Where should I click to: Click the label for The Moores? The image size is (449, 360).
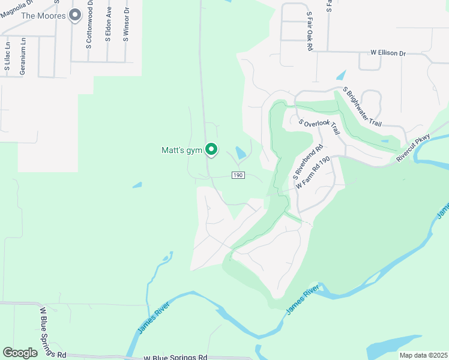pyautogui.click(x=43, y=15)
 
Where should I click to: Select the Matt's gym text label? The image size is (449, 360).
pyautogui.click(x=182, y=151)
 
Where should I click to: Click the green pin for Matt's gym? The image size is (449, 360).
pyautogui.click(x=211, y=149)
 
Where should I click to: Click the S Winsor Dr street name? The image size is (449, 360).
pyautogui.click(x=126, y=24)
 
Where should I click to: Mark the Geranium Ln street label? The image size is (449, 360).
pyautogui.click(x=23, y=56)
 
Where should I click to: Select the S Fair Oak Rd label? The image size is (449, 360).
pyautogui.click(x=310, y=30)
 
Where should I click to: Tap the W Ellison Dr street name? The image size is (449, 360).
pyautogui.click(x=388, y=53)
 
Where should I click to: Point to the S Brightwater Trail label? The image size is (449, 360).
pyautogui.click(x=362, y=107)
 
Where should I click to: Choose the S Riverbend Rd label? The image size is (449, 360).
pyautogui.click(x=307, y=162)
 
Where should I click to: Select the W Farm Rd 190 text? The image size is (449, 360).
pyautogui.click(x=314, y=174)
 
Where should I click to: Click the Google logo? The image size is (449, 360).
pyautogui.click(x=20, y=352)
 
